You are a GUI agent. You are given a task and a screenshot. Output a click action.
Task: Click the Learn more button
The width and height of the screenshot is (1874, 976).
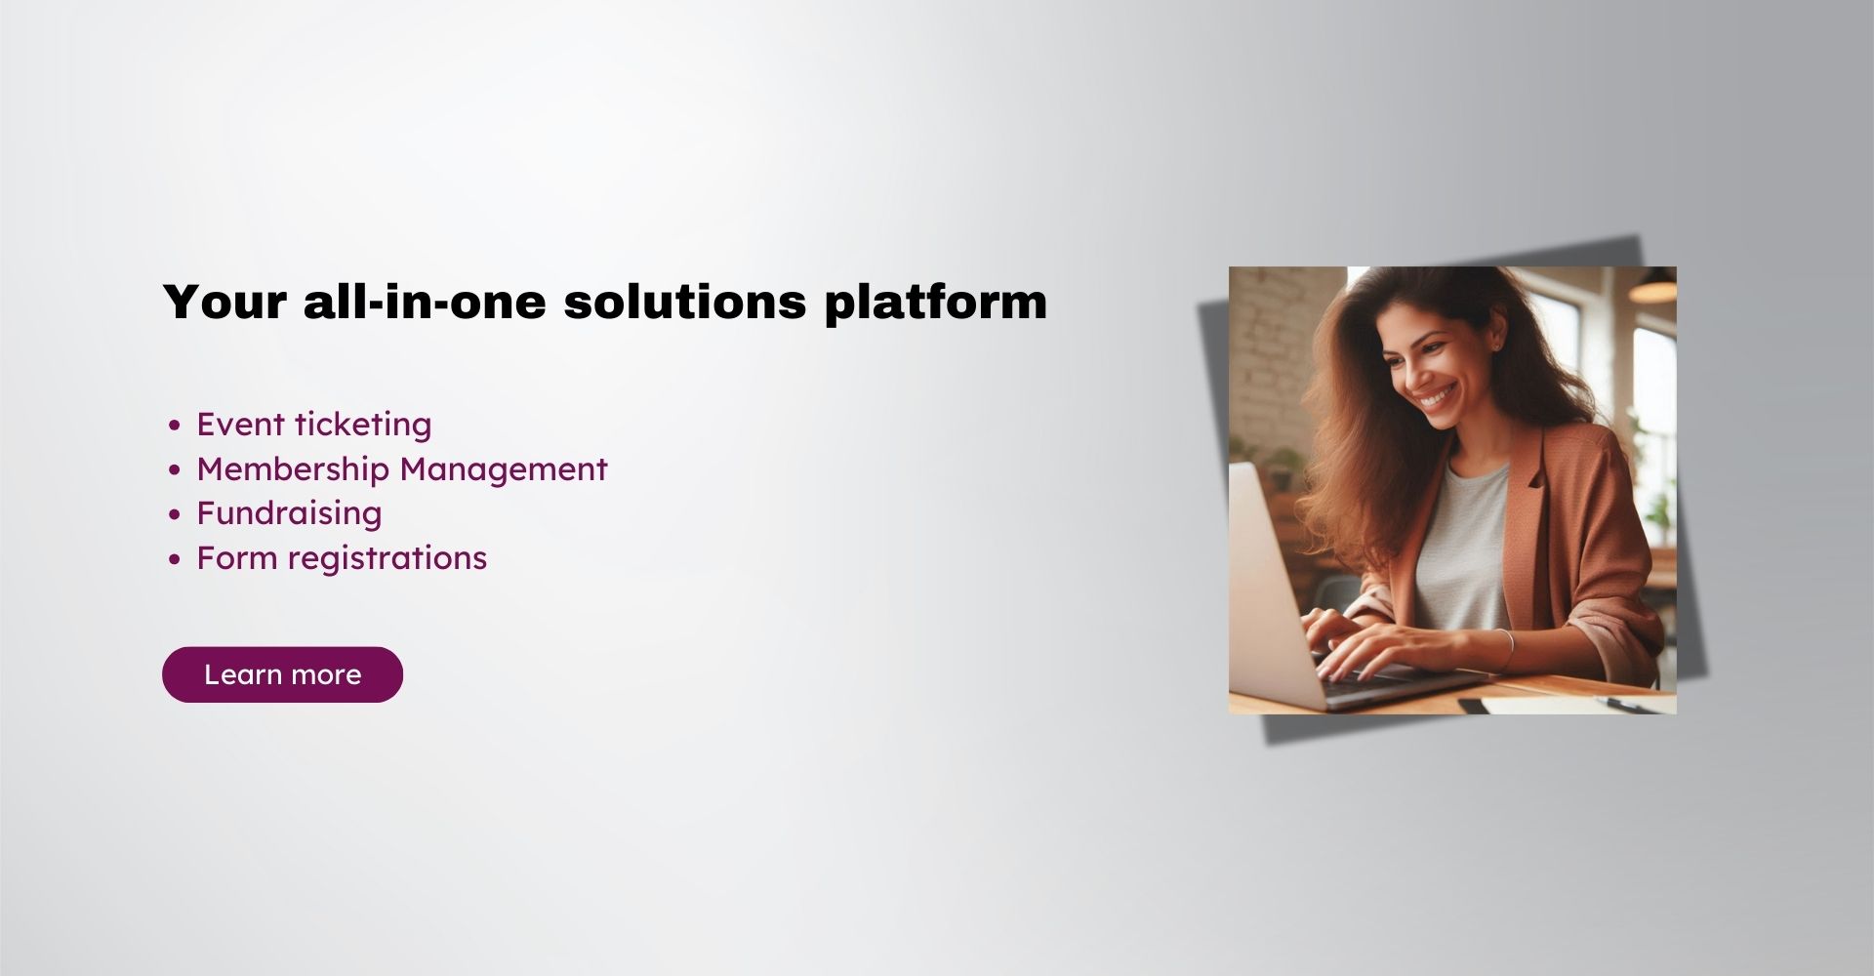282,674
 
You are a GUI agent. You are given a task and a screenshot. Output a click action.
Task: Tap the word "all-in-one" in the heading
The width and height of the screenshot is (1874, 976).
425,302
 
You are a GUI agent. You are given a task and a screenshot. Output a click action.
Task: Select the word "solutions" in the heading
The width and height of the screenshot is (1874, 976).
684,302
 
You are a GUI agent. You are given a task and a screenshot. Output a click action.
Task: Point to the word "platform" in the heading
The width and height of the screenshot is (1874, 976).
935,302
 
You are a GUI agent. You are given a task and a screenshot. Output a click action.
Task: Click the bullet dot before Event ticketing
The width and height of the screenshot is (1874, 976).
175,426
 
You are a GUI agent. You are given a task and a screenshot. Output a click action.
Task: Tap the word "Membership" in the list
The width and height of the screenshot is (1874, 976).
293,469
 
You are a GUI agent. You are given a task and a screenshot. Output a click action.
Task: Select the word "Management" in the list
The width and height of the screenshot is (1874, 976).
504,469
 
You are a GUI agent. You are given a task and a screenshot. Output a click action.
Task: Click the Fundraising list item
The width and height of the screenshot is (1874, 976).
289,513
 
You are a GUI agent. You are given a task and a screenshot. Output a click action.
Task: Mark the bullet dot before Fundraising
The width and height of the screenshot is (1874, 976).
175,514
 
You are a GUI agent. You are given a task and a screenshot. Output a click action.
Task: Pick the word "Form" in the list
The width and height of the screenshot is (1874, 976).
236,558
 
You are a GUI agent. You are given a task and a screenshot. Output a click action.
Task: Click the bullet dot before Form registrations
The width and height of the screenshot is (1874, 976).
175,559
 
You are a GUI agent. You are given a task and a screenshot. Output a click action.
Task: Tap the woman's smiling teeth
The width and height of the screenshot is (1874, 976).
1437,399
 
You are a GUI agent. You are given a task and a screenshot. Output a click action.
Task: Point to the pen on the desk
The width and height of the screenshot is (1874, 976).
1625,704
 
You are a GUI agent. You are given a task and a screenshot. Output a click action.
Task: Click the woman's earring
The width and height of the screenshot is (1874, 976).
1494,345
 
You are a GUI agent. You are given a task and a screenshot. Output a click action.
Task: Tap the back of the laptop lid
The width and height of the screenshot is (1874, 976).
1269,586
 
